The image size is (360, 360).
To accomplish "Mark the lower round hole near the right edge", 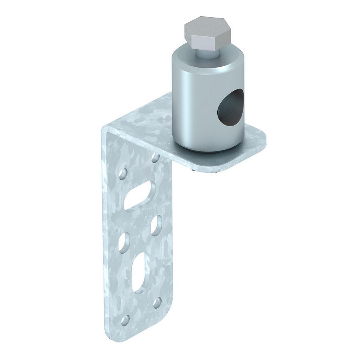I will pos(158,301).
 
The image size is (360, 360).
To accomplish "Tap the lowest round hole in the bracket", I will pos(126,319).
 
